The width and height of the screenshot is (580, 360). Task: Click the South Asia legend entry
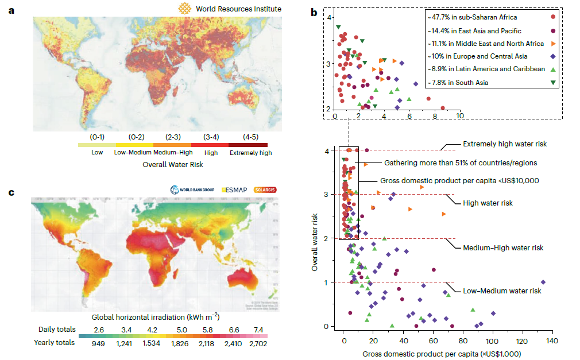pos(458,83)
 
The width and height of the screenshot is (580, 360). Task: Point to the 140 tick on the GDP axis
pos(552,340)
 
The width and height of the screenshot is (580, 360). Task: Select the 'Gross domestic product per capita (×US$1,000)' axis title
pos(442,354)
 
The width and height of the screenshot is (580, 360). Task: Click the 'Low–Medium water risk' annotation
pos(502,291)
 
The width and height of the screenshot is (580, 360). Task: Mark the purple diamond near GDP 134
pos(543,282)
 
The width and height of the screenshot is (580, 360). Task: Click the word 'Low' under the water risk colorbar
pos(98,153)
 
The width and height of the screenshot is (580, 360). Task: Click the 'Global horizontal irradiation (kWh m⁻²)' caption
pos(156,316)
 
